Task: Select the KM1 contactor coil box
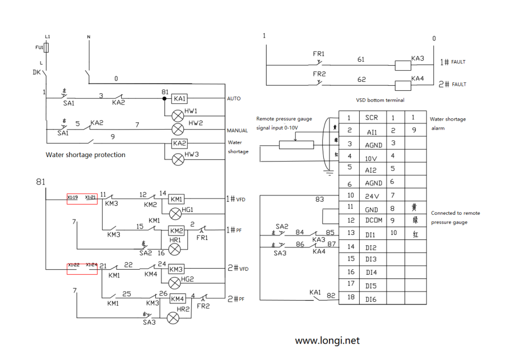tap(176, 199)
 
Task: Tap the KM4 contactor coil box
tap(177, 298)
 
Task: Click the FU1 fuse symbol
tap(47, 47)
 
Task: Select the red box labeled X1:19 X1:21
tap(82, 198)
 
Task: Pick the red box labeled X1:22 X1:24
tap(82, 267)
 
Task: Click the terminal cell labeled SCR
tap(371, 118)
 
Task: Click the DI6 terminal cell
tap(371, 298)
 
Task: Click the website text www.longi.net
tap(327, 341)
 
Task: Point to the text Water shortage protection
tap(86, 155)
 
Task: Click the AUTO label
tap(234, 99)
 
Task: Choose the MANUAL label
tap(237, 131)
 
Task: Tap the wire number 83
tap(320, 199)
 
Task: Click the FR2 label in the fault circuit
tap(319, 74)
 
